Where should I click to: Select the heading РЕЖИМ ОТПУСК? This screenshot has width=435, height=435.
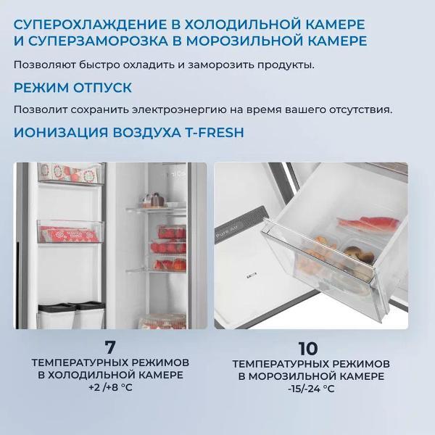[x=72, y=88]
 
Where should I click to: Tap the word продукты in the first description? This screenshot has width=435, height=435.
[x=288, y=65]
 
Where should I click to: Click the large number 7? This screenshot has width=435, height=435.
[x=110, y=346]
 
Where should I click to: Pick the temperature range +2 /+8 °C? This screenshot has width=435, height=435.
[x=110, y=389]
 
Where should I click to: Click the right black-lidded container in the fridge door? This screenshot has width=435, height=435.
[x=90, y=315]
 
